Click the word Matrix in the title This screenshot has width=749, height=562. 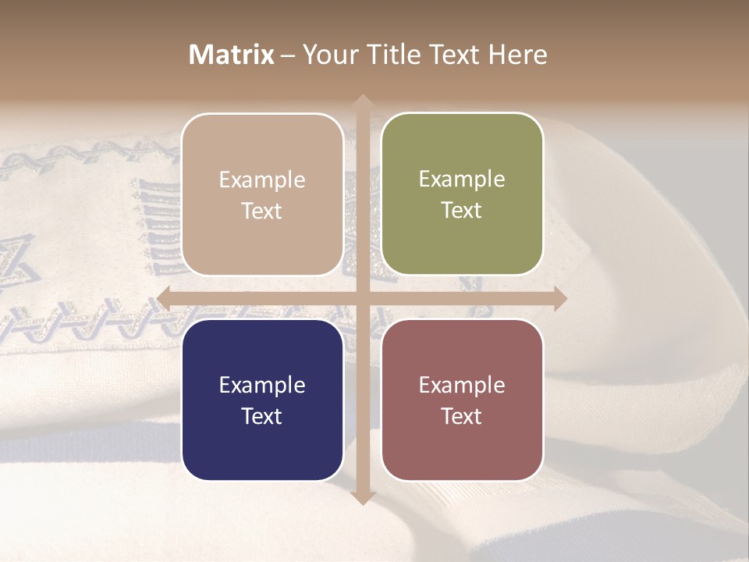pos(232,55)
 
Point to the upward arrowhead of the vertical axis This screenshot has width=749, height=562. pos(362,101)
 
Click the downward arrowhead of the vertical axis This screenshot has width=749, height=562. pos(362,497)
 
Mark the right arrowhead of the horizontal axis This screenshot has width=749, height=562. pos(559,298)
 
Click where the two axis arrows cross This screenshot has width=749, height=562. pos(362,298)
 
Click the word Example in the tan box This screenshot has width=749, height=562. pos(262,180)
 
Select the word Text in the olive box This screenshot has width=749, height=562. pos(462,211)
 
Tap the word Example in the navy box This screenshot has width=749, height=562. pos(262,386)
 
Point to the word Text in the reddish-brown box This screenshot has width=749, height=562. pos(462,416)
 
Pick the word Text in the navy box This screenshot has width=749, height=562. pos(262,416)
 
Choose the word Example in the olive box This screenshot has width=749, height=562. pos(462,180)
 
